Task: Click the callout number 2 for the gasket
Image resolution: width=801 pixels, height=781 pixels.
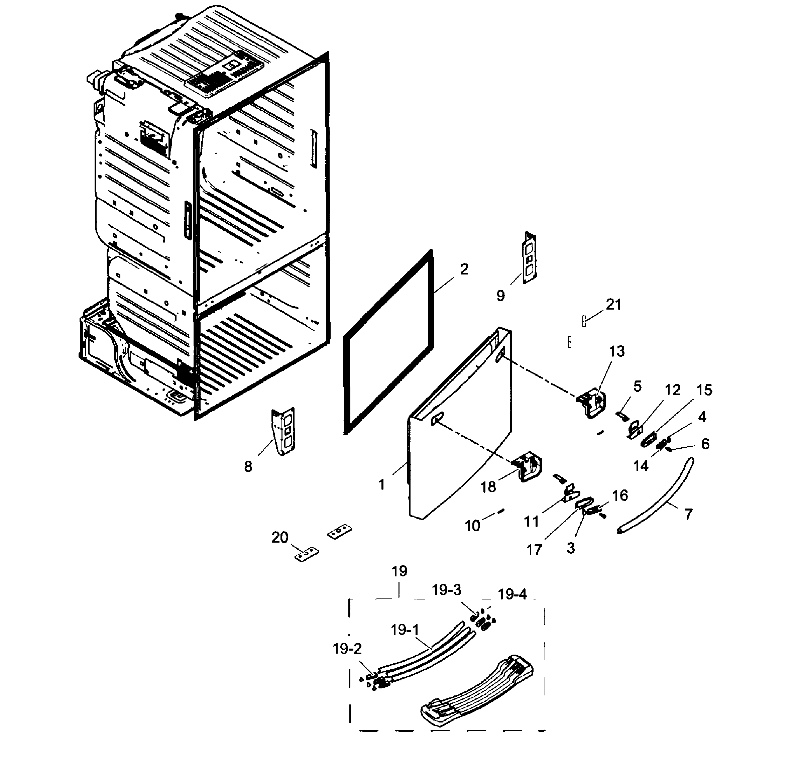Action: tap(464, 269)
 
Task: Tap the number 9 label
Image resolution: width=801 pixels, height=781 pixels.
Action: tap(500, 296)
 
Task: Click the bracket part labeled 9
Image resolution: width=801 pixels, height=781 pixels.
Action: tap(530, 258)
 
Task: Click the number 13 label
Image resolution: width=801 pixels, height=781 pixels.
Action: tap(616, 351)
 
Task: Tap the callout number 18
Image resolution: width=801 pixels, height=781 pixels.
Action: tap(488, 487)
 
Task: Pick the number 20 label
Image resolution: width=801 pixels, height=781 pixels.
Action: tap(280, 537)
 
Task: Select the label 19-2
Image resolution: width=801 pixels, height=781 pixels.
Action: tap(347, 649)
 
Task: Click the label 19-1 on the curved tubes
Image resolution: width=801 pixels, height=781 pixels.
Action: tap(405, 630)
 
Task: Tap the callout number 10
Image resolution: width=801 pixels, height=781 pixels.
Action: tap(472, 526)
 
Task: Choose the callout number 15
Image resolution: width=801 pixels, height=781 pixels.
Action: tap(704, 390)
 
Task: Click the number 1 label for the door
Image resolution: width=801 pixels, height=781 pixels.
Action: tap(381, 484)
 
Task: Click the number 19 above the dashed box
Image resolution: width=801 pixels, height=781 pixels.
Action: tap(399, 571)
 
